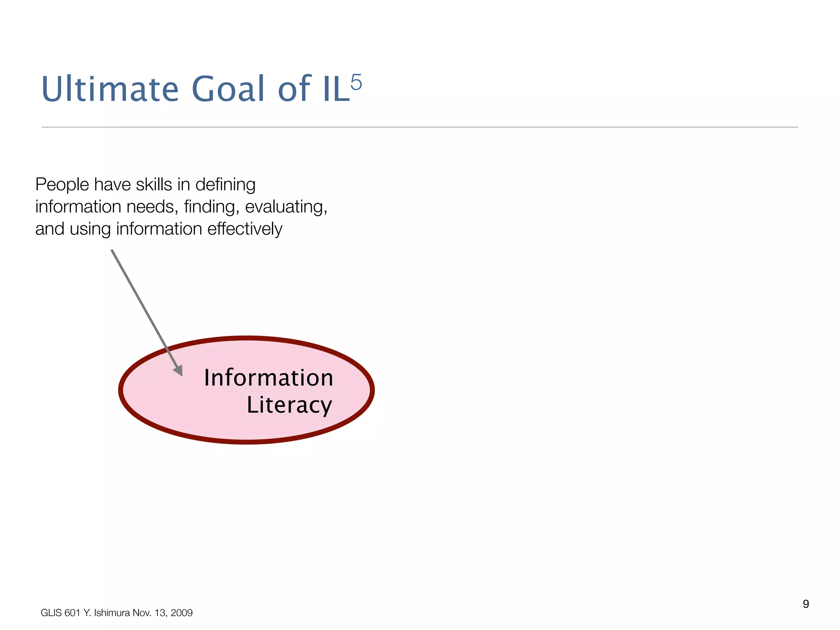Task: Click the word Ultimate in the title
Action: (110, 89)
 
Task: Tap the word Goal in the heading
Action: (228, 89)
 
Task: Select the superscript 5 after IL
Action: (356, 82)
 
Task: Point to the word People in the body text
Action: (62, 185)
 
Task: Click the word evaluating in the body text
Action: (286, 207)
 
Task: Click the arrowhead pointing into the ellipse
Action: (178, 370)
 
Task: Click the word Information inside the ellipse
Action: (269, 378)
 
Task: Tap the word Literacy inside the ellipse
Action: (289, 405)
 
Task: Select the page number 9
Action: (806, 604)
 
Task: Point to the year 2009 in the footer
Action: (182, 613)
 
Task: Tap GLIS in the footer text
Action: (51, 613)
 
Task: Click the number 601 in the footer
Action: (73, 613)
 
